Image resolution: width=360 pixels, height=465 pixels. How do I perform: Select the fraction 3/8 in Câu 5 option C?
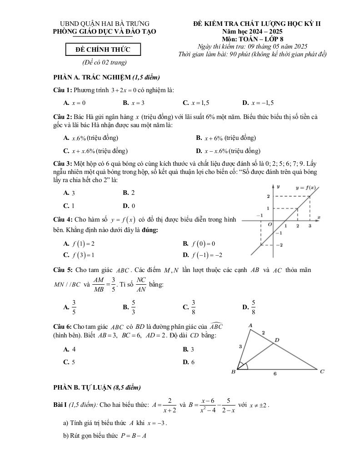pyautogui.click(x=193, y=307)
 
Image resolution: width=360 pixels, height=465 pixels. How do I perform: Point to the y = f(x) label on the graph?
pyautogui.click(x=305, y=188)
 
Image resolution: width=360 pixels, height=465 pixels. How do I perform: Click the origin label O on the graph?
pyautogui.click(x=269, y=224)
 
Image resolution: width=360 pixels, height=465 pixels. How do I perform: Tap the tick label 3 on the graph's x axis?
pyautogui.click(x=310, y=226)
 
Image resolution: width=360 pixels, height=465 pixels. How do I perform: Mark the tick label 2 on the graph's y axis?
pyautogui.click(x=268, y=196)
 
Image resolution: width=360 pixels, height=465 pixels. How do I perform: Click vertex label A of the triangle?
pyautogui.click(x=250, y=325)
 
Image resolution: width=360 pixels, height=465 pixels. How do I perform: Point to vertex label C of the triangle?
pyautogui.click(x=322, y=371)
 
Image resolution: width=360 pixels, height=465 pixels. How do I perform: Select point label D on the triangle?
pyautogui.click(x=277, y=340)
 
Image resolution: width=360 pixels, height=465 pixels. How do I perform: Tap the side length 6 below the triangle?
pyautogui.click(x=275, y=374)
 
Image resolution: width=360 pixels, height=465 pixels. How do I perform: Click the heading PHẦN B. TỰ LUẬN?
pyautogui.click(x=97, y=387)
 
